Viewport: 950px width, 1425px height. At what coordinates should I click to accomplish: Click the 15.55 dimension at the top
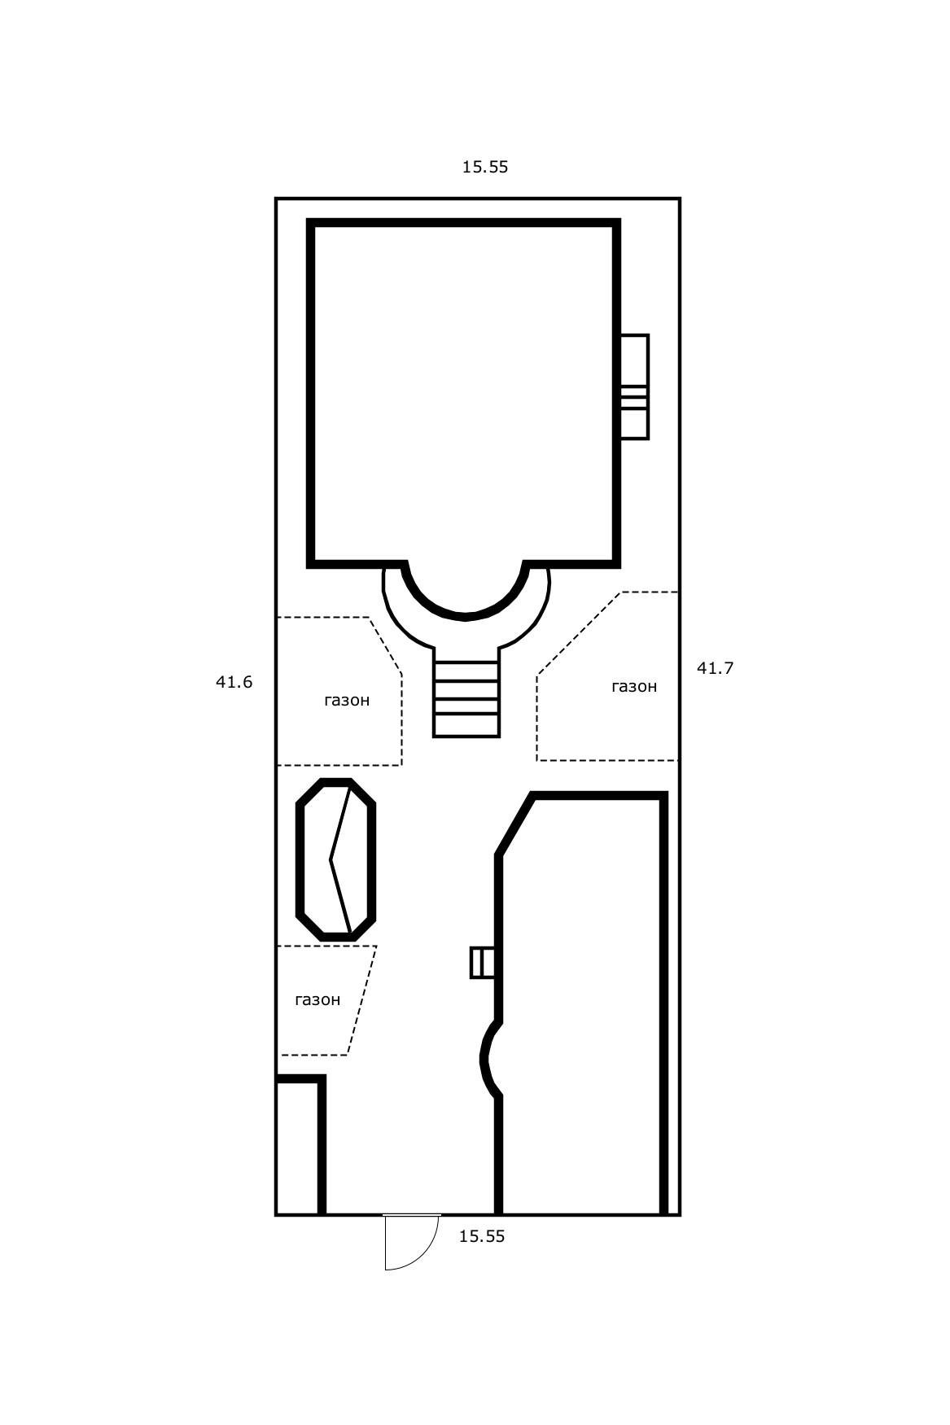(x=485, y=167)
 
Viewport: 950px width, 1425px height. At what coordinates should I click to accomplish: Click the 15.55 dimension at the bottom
(x=482, y=1236)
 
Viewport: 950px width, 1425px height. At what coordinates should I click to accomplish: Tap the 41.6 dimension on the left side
(x=234, y=682)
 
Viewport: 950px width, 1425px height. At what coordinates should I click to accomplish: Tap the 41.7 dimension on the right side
(x=716, y=668)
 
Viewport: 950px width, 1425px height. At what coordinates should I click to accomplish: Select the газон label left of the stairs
(x=347, y=700)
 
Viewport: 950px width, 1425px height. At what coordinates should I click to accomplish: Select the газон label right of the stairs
(x=634, y=686)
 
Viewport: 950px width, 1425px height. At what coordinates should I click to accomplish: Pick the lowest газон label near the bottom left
(x=317, y=999)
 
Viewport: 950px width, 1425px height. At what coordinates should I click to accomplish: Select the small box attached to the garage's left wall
(x=482, y=963)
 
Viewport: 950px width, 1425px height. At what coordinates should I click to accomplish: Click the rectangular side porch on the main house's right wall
(x=634, y=387)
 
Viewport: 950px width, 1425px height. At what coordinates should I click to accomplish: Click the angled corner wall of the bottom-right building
(x=515, y=824)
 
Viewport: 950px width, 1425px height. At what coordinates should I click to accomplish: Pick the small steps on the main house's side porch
(x=634, y=397)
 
